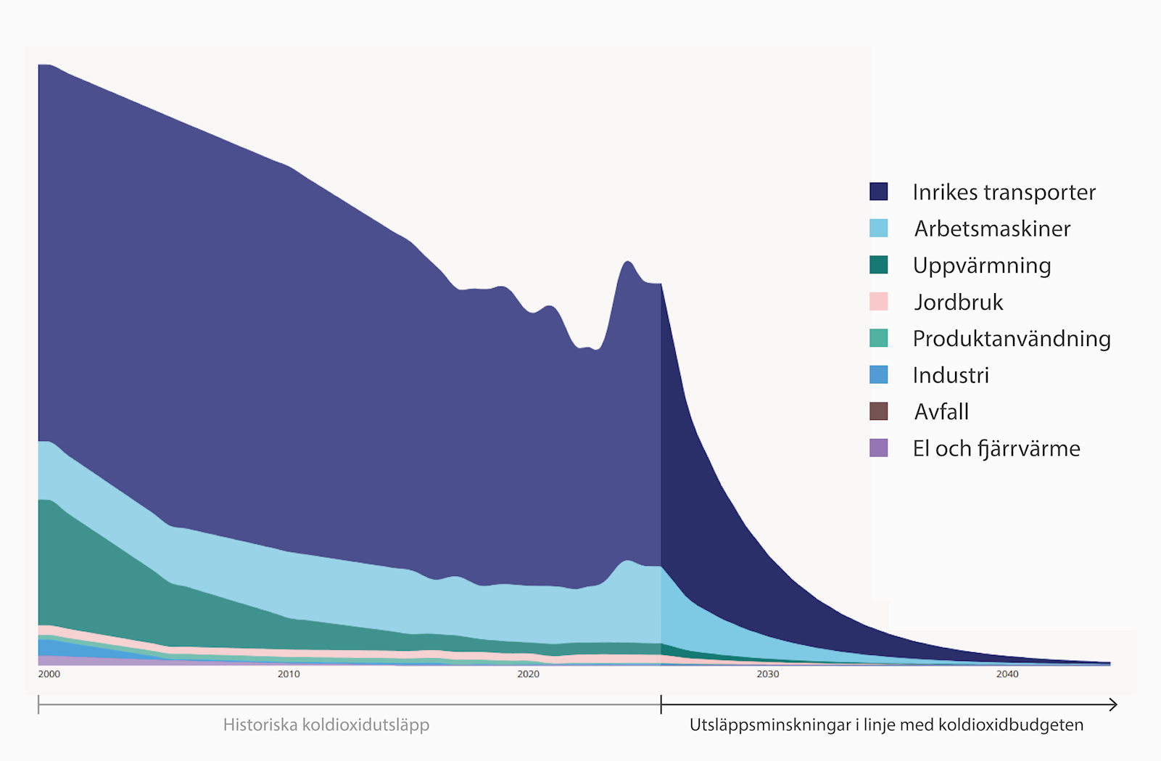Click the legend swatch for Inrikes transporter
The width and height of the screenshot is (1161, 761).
tap(878, 192)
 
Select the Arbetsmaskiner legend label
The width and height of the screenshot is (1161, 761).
tap(992, 229)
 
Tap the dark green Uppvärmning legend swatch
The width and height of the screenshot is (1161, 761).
tap(878, 265)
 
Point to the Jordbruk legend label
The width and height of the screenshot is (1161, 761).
tap(959, 302)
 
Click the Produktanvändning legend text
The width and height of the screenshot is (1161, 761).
tap(1012, 339)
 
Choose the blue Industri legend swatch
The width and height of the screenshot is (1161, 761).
tap(878, 375)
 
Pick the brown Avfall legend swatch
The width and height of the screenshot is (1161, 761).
tap(878, 411)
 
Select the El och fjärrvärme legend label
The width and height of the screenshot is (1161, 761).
tap(996, 448)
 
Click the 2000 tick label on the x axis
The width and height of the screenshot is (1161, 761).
tap(49, 674)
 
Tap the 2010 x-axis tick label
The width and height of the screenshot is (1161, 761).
tap(289, 674)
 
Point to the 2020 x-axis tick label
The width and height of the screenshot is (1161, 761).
tap(528, 674)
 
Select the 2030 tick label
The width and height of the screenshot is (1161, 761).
tap(768, 674)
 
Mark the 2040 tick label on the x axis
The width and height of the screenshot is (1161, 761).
tap(1007, 674)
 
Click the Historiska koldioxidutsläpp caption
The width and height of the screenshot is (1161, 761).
tap(326, 725)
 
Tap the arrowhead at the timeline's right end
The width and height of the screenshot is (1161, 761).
tap(1114, 704)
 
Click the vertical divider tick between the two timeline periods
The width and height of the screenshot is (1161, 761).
tap(661, 704)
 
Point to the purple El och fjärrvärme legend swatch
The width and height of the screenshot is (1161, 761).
tap(878, 448)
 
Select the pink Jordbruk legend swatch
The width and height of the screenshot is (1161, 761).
tap(878, 302)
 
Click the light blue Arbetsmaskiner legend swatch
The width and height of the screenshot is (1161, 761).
tap(878, 229)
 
